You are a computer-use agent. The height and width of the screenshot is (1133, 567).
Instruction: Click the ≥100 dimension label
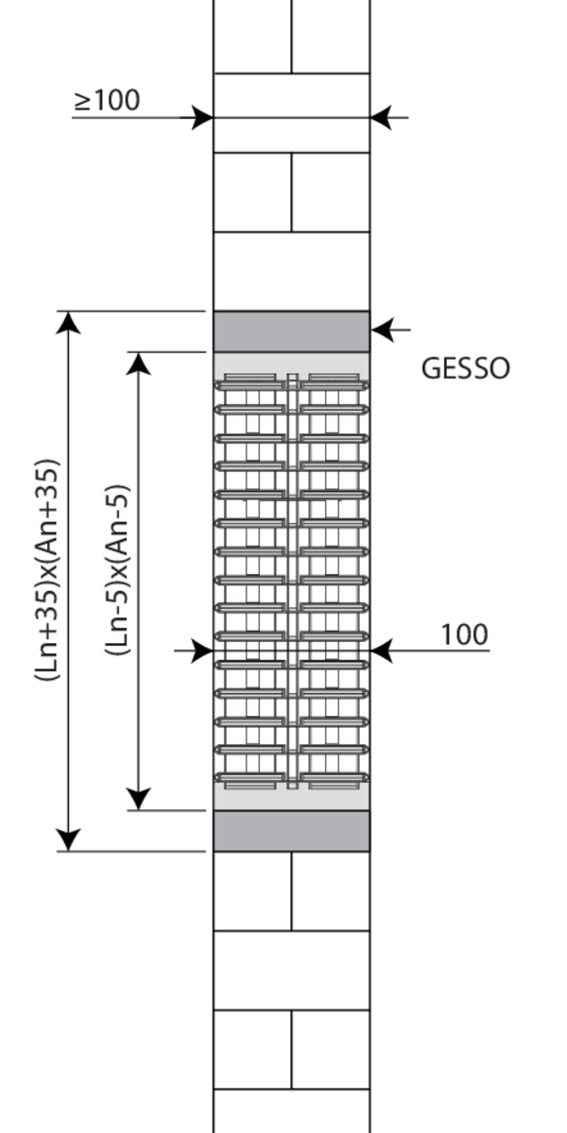(x=107, y=100)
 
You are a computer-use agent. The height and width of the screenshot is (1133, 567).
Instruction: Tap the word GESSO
(x=465, y=368)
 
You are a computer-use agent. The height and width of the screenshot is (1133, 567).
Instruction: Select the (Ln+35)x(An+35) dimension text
(x=47, y=570)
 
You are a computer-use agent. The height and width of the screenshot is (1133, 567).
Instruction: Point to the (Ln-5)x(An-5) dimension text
(x=118, y=570)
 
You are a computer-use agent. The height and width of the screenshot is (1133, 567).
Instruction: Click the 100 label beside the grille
(x=464, y=634)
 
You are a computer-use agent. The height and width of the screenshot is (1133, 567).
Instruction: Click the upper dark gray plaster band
(x=292, y=331)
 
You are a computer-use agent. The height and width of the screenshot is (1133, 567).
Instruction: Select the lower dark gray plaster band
(x=292, y=831)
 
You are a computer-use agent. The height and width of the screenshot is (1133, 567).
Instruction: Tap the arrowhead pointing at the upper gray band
(x=383, y=330)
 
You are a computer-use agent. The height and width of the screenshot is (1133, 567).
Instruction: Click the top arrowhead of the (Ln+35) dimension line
(x=68, y=323)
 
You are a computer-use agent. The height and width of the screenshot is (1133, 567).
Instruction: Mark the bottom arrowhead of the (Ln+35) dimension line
(x=68, y=840)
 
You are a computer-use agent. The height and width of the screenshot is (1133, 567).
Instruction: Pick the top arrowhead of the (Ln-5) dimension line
(x=138, y=364)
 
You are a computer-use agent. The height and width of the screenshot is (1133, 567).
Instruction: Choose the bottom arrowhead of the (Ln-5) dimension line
(x=138, y=799)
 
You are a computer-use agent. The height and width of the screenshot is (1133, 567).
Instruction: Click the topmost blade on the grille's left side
(x=250, y=385)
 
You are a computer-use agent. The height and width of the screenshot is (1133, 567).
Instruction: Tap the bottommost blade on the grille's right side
(x=335, y=778)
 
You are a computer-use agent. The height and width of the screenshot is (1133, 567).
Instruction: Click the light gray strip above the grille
(x=292, y=364)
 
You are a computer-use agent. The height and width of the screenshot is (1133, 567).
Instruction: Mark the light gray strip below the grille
(x=292, y=800)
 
